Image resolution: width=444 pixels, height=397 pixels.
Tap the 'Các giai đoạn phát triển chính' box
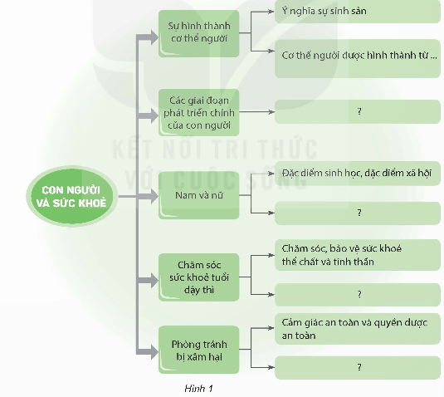click(198, 110)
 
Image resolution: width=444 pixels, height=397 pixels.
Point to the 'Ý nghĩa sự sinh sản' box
click(358, 12)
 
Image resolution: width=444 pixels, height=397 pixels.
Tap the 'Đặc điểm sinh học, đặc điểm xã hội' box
click(358, 174)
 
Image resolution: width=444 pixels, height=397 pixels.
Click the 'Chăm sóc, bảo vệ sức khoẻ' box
click(358, 254)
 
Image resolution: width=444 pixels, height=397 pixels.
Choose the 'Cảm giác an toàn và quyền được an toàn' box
click(358, 329)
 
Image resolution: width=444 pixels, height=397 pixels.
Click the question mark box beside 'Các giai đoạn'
click(358, 110)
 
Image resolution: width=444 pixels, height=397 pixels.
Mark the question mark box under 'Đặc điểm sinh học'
click(358, 213)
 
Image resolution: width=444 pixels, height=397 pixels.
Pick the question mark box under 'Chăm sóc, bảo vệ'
click(358, 294)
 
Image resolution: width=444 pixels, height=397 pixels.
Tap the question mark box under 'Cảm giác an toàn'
click(358, 365)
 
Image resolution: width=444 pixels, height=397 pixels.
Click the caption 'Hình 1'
click(199, 387)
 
